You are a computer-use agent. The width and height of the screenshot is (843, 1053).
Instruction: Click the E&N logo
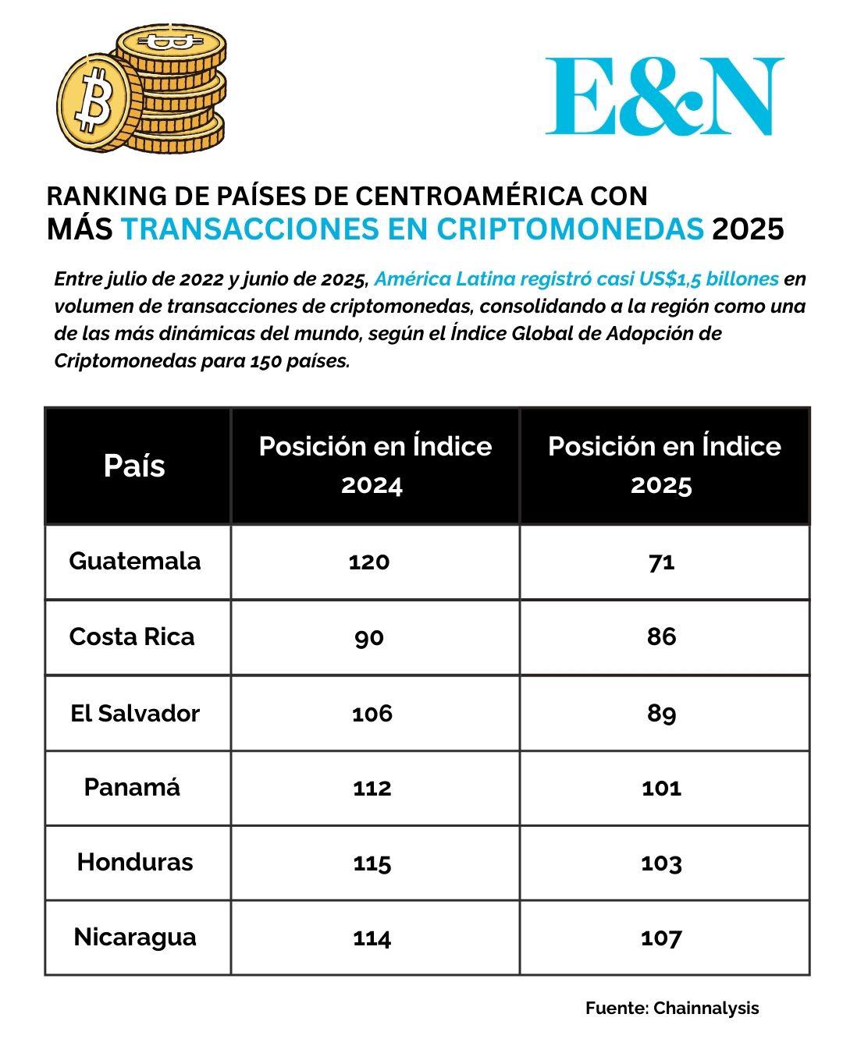[x=664, y=97]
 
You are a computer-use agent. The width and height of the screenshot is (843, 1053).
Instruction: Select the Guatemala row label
[x=134, y=561]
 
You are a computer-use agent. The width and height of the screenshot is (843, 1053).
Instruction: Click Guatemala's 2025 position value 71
[x=661, y=562]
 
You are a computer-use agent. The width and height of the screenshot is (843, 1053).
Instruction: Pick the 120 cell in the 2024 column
[x=369, y=562]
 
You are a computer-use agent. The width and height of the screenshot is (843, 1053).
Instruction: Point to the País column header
[x=134, y=466]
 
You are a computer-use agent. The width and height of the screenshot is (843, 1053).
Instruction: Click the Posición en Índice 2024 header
[x=375, y=465]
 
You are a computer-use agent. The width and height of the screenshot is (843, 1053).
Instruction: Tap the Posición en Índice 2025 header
[x=663, y=465]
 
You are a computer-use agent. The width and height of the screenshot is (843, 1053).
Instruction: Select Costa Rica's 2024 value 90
[x=369, y=637]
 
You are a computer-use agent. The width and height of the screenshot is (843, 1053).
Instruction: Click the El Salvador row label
[x=134, y=713]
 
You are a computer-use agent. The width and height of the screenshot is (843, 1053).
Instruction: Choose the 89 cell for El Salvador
[x=661, y=713]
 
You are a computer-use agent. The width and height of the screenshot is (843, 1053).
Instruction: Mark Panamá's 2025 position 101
[x=661, y=788]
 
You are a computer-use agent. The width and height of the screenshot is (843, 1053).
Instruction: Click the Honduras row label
[x=134, y=862]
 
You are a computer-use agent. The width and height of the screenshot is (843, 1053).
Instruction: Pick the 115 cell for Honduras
[x=372, y=863]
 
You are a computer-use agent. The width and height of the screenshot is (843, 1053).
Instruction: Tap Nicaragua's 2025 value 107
[x=661, y=938]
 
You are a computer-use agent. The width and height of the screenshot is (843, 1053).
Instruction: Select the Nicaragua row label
[x=134, y=937]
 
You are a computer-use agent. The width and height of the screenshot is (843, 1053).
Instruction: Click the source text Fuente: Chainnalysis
[x=671, y=1008]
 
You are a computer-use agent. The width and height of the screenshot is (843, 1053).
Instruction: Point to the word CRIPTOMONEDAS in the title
[x=570, y=229]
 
